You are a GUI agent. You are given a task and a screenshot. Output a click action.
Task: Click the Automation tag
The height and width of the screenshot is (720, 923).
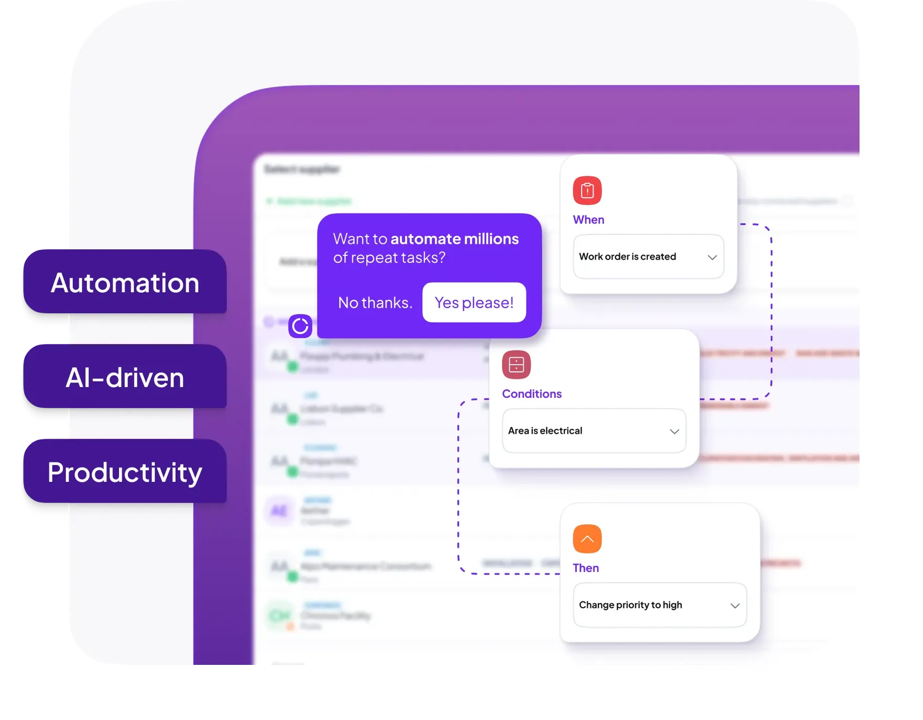pyautogui.click(x=125, y=283)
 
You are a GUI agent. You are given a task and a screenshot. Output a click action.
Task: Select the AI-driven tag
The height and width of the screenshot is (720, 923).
pyautogui.click(x=125, y=377)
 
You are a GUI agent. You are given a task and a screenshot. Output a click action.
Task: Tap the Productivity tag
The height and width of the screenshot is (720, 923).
pyautogui.click(x=125, y=472)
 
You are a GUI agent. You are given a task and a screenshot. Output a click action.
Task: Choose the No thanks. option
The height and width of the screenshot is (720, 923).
pyautogui.click(x=375, y=303)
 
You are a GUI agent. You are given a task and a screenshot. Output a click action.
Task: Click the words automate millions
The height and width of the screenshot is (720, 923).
pyautogui.click(x=454, y=239)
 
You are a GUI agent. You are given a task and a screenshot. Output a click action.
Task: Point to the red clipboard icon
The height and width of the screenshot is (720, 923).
pyautogui.click(x=587, y=190)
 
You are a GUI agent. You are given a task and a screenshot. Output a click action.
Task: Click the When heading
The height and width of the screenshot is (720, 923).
pyautogui.click(x=588, y=220)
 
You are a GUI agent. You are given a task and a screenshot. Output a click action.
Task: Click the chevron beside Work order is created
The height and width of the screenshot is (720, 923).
pyautogui.click(x=712, y=257)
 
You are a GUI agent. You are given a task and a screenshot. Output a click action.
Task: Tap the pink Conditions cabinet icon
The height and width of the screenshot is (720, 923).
pyautogui.click(x=516, y=365)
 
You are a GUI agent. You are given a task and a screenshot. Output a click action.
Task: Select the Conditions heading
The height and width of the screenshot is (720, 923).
pyautogui.click(x=532, y=394)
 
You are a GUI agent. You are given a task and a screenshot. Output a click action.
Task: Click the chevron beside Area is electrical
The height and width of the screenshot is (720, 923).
pyautogui.click(x=674, y=431)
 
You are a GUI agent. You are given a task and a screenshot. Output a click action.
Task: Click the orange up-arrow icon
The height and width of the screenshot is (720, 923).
pyautogui.click(x=587, y=539)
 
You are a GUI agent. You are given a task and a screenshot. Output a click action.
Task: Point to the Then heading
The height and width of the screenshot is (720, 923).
pyautogui.click(x=586, y=568)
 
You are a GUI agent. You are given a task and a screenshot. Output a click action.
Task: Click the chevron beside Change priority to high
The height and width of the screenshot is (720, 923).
pyautogui.click(x=735, y=606)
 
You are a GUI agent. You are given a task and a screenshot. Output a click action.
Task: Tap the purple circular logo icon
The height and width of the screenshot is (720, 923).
pyautogui.click(x=300, y=326)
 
